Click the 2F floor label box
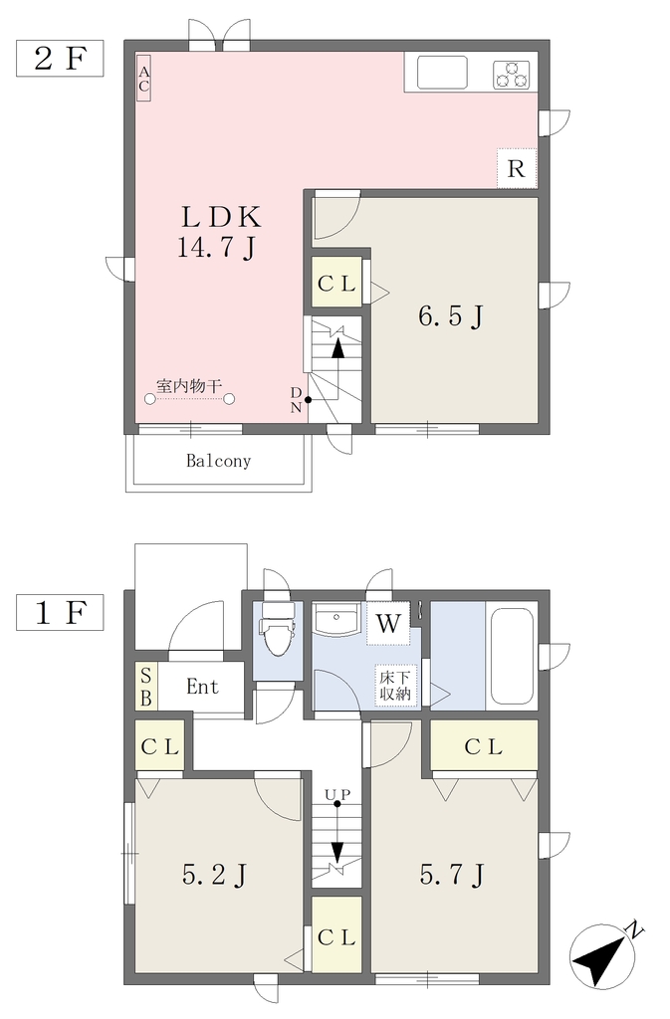(x=60, y=59)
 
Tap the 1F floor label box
(x=60, y=612)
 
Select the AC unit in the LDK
(x=143, y=77)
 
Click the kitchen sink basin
(x=442, y=72)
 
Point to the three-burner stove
(x=512, y=74)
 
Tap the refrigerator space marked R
(x=517, y=168)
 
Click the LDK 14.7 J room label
(x=219, y=231)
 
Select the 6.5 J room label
(x=450, y=317)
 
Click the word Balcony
(x=218, y=461)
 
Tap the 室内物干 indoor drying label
(x=188, y=386)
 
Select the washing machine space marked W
(x=388, y=623)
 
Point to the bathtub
(x=512, y=656)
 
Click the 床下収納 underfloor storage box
(x=396, y=685)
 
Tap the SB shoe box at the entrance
(x=146, y=687)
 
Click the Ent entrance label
(x=202, y=687)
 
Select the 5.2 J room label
(x=214, y=875)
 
